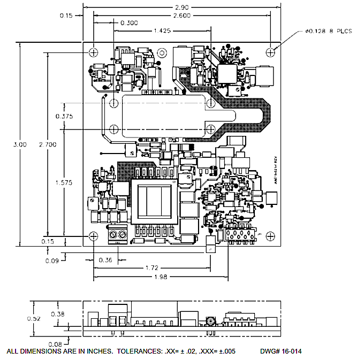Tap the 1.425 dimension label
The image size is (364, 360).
coord(162,31)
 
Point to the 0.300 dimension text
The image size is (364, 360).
coord(129,23)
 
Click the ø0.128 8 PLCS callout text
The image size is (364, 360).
coord(329,32)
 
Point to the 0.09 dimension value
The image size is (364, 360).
coord(52,261)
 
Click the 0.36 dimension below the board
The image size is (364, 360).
coord(105,261)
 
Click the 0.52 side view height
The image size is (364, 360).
coord(34,318)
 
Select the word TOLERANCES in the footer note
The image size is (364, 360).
coord(141,351)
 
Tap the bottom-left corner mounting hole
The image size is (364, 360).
coord(93,236)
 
